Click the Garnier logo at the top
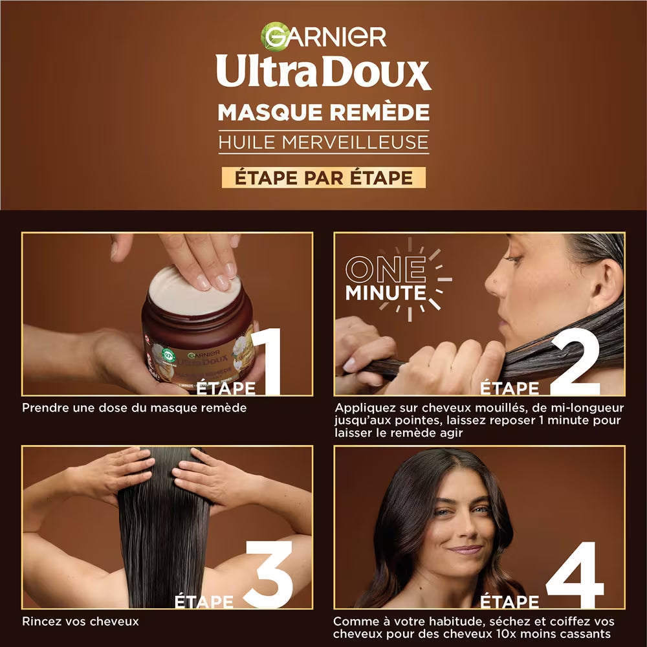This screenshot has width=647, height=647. tap(323, 36)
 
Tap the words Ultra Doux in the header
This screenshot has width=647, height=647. tap(323, 72)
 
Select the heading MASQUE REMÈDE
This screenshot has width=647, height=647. tap(323, 112)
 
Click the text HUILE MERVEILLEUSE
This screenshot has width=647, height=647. tap(323, 142)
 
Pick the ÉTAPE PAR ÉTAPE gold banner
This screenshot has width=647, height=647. tap(323, 178)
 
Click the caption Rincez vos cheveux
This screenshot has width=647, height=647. tap(80, 622)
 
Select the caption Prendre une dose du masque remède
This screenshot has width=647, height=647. tap(135, 408)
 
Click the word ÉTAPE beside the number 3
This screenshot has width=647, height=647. tap(204, 602)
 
